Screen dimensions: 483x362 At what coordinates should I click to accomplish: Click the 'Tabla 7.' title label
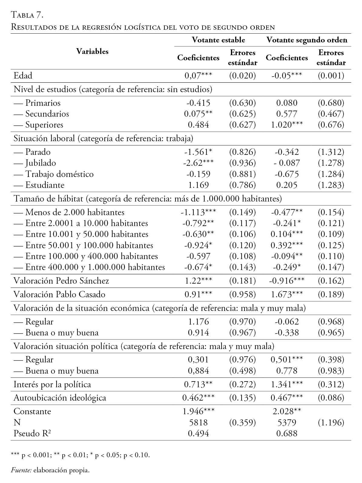tap(28, 14)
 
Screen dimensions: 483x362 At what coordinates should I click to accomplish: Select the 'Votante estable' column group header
tap(218, 40)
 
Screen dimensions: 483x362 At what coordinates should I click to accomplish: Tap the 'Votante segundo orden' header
tap(307, 40)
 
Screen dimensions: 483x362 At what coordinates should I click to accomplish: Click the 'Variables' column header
tap(92, 51)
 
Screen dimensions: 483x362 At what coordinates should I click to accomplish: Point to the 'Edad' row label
tap(23, 76)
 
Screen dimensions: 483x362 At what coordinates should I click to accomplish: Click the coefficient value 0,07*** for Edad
tap(198, 76)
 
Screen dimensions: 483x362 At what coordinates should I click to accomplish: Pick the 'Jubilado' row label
tap(41, 163)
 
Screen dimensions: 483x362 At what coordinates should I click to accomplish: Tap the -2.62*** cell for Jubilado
tap(198, 163)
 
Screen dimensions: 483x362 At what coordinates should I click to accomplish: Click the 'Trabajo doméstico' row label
tap(59, 174)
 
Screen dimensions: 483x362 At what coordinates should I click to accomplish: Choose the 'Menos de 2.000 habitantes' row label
tap(75, 212)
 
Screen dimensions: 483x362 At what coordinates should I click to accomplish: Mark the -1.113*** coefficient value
tap(198, 212)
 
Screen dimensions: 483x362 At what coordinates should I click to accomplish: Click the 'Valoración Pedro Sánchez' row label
tap(61, 281)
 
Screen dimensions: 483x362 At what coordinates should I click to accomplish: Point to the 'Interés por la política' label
tap(52, 385)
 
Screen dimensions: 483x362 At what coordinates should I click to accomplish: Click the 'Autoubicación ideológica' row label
tap(60, 398)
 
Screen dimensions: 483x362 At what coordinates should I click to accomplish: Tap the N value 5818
tap(198, 422)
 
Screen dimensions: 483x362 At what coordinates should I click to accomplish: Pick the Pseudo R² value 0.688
tap(287, 433)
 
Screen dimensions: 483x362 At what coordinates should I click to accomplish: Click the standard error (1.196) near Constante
tap(331, 422)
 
